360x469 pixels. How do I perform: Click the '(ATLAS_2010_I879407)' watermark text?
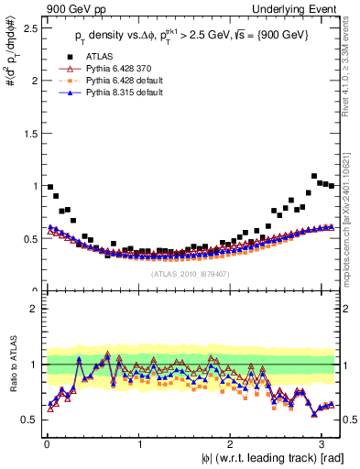pos(190,274)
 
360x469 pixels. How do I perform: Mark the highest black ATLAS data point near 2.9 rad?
pos(314,176)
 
